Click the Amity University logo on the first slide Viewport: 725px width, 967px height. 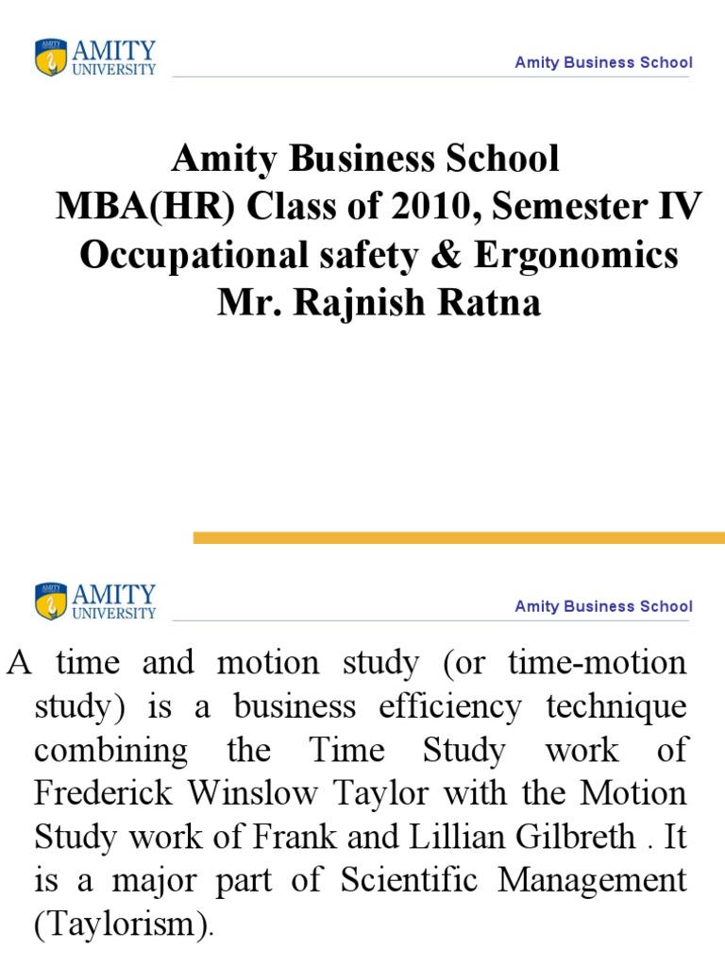tap(95, 58)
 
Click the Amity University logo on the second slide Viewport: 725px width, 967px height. tap(95, 602)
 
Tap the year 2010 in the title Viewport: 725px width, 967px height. tap(429, 207)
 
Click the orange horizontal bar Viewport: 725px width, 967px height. tap(459, 537)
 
